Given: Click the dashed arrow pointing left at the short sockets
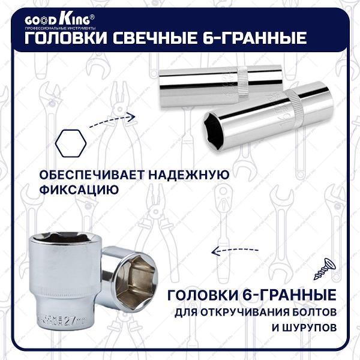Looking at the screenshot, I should click(x=236, y=250).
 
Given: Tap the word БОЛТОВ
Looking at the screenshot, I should click(x=310, y=313).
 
